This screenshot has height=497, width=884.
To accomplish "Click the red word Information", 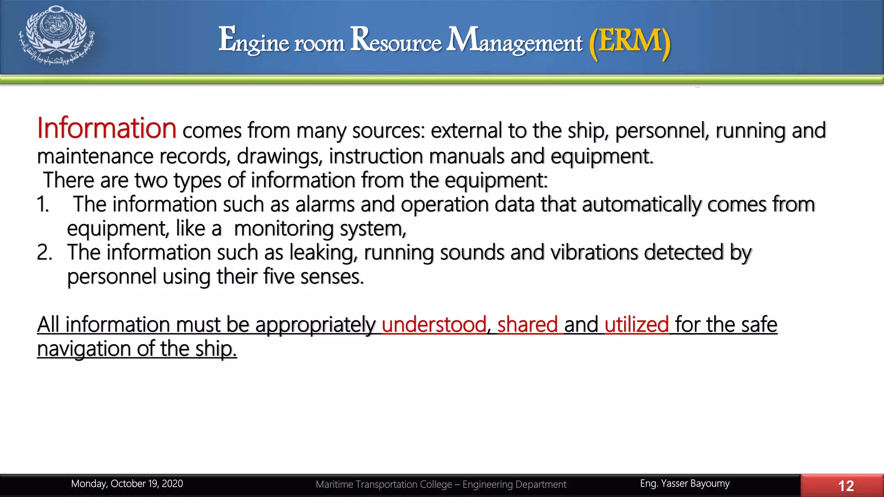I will click(x=107, y=128).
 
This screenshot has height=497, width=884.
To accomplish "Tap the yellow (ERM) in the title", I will click(x=630, y=41).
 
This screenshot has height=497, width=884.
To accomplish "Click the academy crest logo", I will click(x=57, y=35).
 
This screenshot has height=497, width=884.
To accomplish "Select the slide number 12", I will click(x=846, y=486).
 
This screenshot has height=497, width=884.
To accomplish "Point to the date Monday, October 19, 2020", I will click(x=127, y=484).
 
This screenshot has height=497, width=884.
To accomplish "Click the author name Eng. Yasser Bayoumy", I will click(x=685, y=484).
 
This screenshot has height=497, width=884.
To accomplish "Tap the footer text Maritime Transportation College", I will click(x=384, y=484).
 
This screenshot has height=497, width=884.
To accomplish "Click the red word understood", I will click(x=434, y=324).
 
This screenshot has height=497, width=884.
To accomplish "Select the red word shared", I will click(x=527, y=324).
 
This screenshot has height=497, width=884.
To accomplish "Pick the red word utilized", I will click(x=637, y=324).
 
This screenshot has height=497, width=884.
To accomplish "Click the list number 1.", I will click(x=43, y=204).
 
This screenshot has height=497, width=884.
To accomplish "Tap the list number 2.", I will click(x=44, y=253).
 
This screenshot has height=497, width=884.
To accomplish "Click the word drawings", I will click(x=279, y=157).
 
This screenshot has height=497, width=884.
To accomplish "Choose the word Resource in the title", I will click(x=396, y=41).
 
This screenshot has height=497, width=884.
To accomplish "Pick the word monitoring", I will click(x=284, y=229).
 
